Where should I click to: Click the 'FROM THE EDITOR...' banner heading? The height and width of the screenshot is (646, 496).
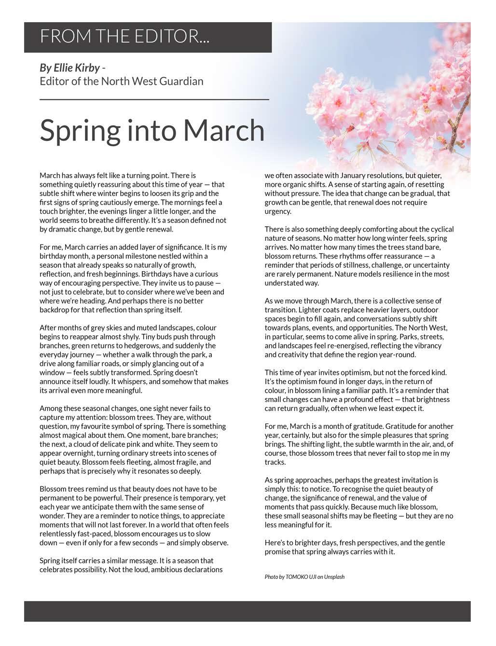(124, 37)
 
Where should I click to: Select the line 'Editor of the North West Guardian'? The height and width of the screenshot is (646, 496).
(121, 81)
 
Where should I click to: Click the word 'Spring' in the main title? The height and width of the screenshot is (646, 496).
(80, 130)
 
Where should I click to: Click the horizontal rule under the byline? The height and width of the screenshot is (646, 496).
(154, 99)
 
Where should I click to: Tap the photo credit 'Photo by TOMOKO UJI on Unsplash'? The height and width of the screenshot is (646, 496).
(304, 577)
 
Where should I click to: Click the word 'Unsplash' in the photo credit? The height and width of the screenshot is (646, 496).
(334, 577)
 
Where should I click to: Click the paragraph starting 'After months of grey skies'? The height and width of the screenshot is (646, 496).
(134, 359)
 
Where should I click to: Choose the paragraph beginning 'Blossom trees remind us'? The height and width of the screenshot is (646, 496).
(134, 516)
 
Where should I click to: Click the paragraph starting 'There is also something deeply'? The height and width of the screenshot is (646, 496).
(359, 256)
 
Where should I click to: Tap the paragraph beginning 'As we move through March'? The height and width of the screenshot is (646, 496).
(359, 328)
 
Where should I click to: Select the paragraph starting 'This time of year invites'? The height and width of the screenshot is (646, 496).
(359, 390)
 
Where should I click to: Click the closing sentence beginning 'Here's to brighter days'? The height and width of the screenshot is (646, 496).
(355, 547)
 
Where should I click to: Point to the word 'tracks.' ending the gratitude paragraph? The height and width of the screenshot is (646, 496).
(276, 462)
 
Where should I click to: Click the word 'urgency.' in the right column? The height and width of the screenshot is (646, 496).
(278, 211)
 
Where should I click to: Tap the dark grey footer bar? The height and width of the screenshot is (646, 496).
(247, 611)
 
